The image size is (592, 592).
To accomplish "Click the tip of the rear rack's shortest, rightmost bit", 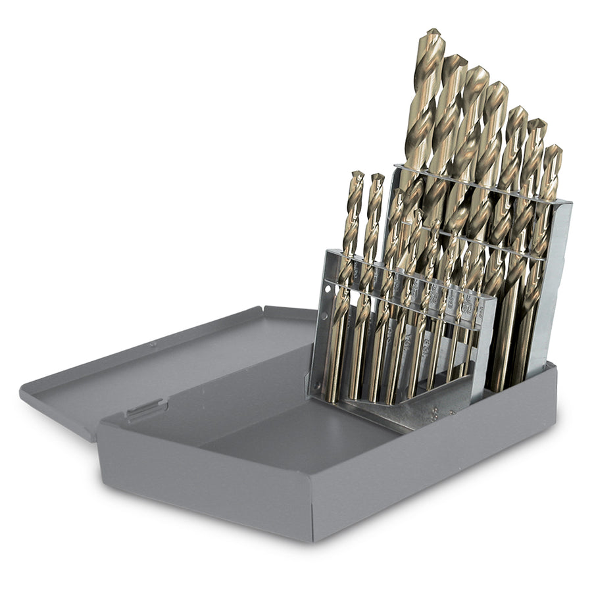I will [555, 147].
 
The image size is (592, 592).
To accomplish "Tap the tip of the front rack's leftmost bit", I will [357, 173].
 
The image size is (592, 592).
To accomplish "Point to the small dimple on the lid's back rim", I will [152, 343].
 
